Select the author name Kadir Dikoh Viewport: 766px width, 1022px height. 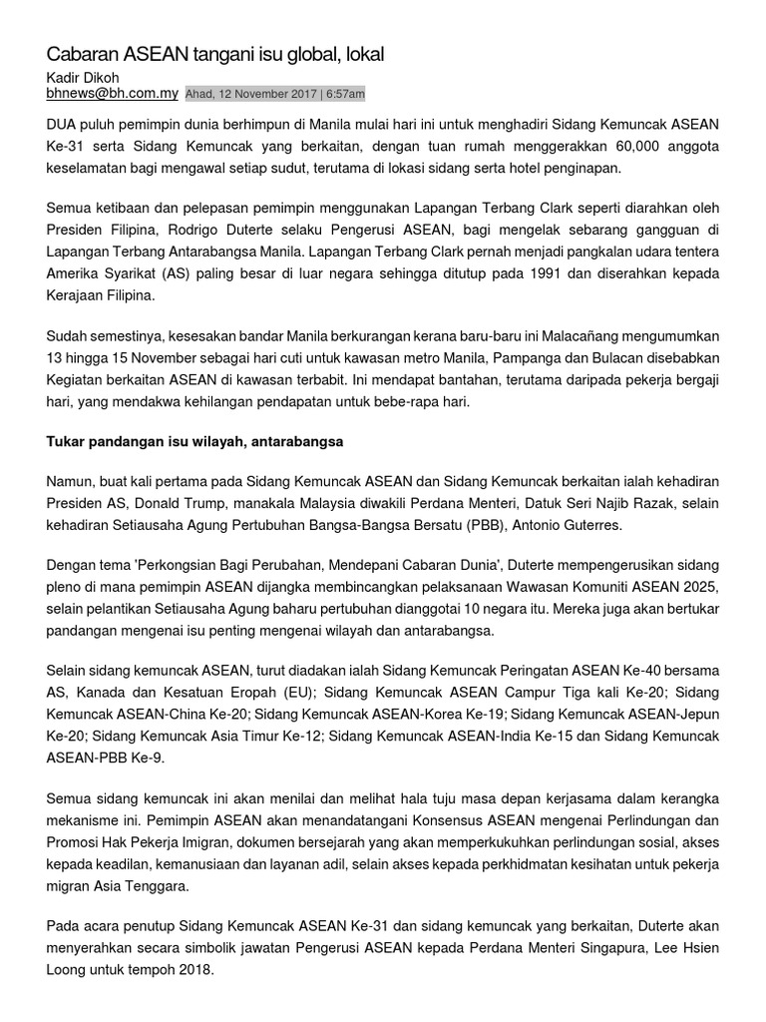pos(84,77)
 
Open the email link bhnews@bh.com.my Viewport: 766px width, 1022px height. pos(112,94)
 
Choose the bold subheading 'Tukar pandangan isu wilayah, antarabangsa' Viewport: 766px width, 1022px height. pos(195,440)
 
